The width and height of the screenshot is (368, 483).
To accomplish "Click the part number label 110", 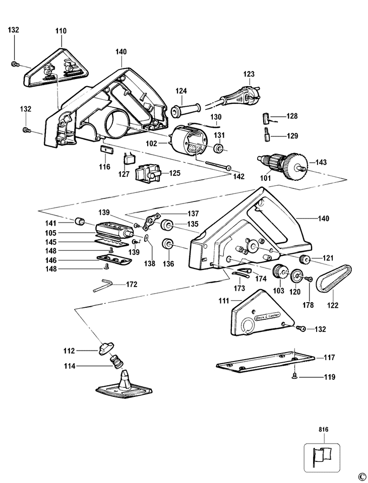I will [60, 31].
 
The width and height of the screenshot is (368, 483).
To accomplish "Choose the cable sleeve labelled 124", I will [187, 109].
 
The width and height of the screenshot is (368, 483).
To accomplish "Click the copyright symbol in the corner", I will [361, 476].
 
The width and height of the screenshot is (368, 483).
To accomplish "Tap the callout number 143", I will [321, 162].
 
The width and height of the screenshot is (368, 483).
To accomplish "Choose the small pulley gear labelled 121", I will [304, 259].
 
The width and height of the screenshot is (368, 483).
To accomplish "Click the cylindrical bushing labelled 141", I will [79, 222].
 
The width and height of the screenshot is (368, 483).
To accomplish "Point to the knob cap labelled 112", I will [107, 348].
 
